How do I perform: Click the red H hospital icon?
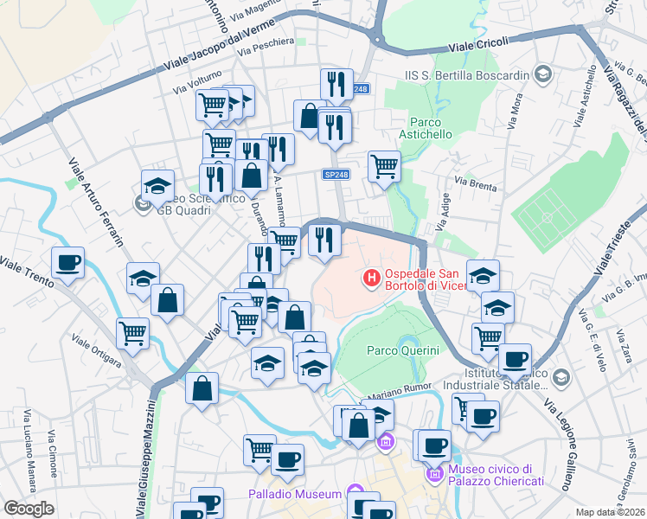(x=371, y=279)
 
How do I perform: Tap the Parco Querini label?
(x=403, y=350)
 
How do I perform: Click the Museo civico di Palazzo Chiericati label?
(x=496, y=477)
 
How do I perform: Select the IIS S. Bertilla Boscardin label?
(x=466, y=75)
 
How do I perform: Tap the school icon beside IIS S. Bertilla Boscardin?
(x=543, y=74)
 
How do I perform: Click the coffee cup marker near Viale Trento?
(x=67, y=262)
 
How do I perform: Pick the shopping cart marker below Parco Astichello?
(x=384, y=165)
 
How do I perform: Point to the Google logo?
(x=29, y=509)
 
